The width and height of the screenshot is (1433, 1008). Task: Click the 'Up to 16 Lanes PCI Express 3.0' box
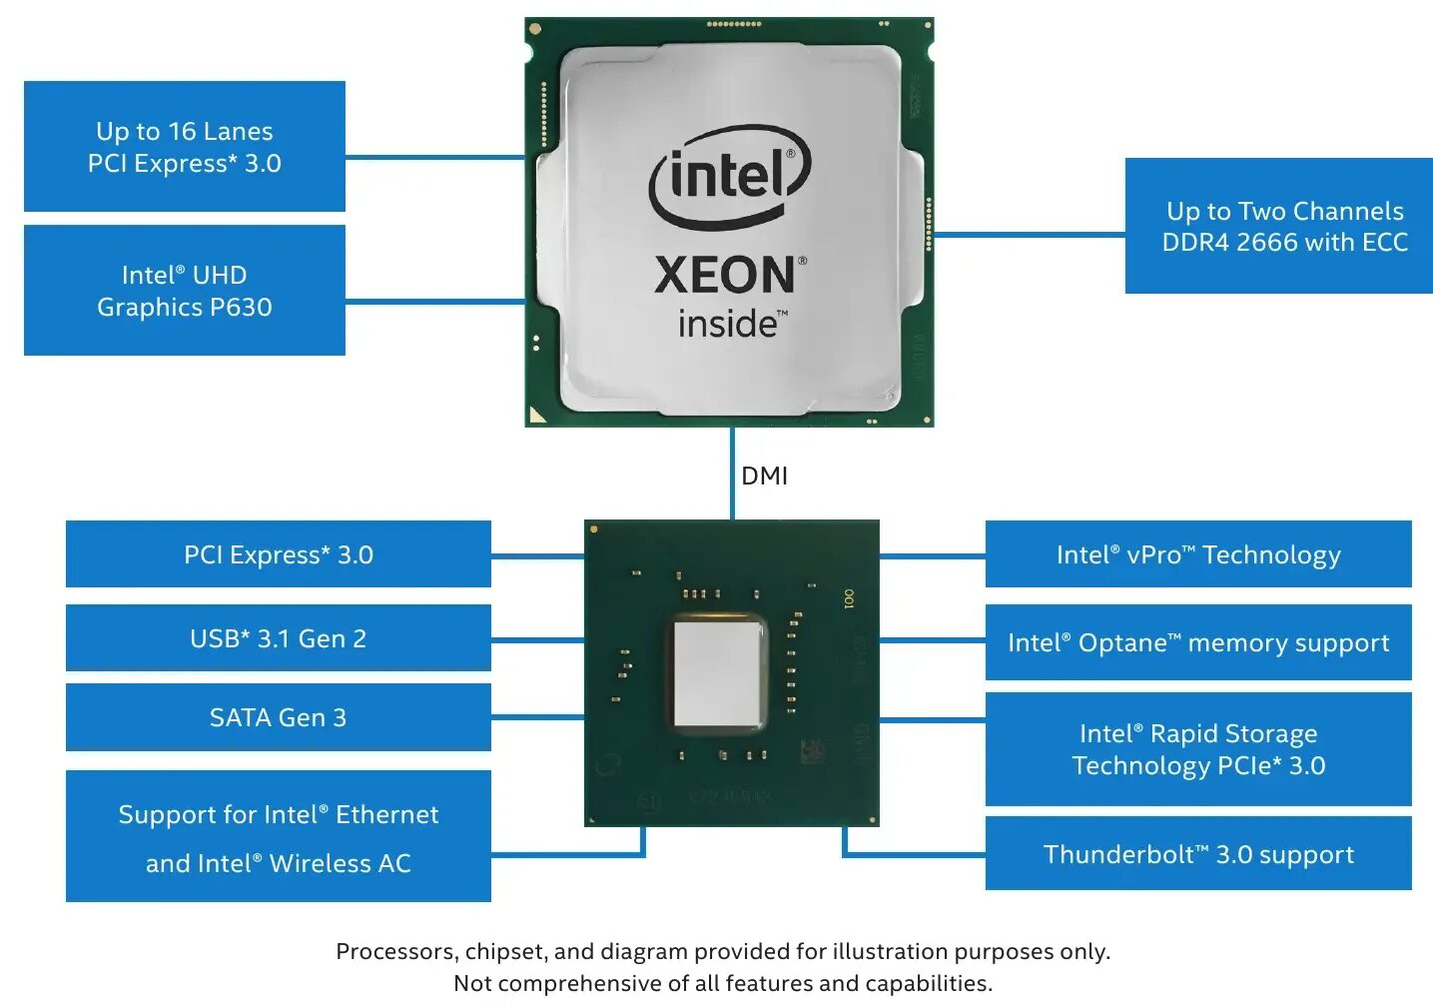click(x=185, y=147)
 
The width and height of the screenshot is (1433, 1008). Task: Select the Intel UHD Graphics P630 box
click(x=185, y=291)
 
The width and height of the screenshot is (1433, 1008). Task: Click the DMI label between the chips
click(x=764, y=477)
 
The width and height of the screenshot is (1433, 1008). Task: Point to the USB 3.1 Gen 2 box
click(x=279, y=638)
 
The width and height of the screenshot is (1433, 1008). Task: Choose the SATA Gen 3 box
click(x=279, y=717)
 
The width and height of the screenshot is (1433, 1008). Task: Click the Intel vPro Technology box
click(x=1198, y=554)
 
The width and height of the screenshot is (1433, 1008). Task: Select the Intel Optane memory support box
click(x=1198, y=642)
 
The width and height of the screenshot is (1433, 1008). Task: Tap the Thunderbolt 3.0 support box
click(x=1198, y=854)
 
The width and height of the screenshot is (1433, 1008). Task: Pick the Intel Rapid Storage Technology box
click(x=1198, y=749)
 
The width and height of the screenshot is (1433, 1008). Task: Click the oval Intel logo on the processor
click(x=730, y=178)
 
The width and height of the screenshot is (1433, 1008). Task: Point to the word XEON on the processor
click(x=727, y=275)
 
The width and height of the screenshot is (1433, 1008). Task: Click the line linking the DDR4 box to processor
click(x=1029, y=236)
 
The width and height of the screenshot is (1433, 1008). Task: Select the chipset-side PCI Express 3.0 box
click(x=279, y=554)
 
